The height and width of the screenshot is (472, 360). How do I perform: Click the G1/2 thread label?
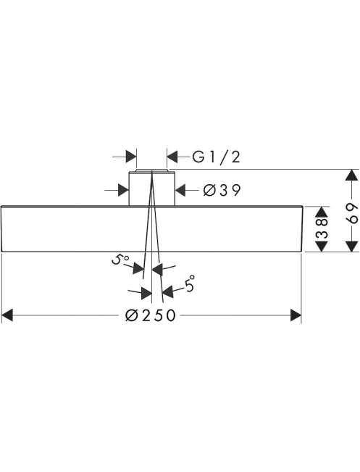coord(217,157)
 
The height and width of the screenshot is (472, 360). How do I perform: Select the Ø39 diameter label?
coord(222,190)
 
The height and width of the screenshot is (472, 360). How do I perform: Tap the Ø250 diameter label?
coord(151,315)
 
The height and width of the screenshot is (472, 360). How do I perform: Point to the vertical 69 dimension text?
coord(352,213)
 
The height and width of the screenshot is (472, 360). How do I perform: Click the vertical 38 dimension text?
coord(322,229)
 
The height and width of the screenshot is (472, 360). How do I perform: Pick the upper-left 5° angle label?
coord(120,259)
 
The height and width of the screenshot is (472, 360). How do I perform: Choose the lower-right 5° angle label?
coord(190,284)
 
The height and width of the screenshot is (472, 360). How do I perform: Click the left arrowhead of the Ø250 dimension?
coord(7,315)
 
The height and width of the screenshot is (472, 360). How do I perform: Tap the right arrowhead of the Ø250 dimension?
coord(296,315)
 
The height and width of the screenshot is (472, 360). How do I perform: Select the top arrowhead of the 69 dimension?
coord(351,175)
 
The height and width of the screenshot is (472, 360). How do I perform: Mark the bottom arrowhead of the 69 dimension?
coord(351,246)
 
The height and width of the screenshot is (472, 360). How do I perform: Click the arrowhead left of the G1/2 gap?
coord(131,157)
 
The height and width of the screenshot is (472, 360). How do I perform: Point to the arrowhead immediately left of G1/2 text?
coord(172,157)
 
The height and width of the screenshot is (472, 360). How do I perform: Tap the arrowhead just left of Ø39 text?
coord(180,190)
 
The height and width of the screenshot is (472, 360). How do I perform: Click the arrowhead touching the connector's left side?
coord(124,190)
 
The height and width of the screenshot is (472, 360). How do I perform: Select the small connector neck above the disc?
coord(152,188)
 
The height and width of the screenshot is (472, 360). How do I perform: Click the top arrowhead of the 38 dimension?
coord(322,212)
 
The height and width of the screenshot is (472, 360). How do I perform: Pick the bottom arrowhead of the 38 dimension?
coord(322,246)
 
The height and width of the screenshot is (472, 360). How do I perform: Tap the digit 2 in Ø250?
coord(146,315)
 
